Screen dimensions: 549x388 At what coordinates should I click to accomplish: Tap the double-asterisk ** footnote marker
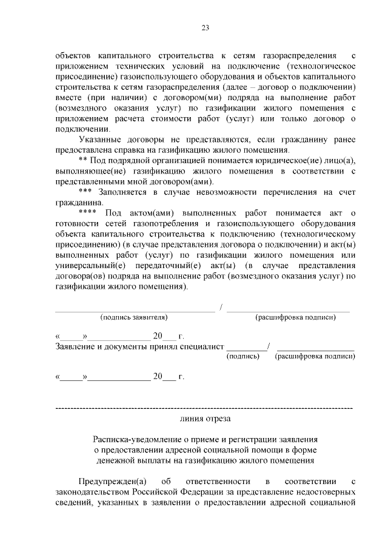(x=83, y=160)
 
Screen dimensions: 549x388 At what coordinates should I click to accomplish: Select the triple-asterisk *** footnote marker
(x=85, y=191)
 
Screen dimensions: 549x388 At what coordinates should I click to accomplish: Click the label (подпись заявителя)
(x=135, y=317)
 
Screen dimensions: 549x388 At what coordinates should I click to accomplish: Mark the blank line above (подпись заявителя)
(x=135, y=310)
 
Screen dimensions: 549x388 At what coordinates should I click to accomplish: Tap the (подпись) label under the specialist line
(x=242, y=357)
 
